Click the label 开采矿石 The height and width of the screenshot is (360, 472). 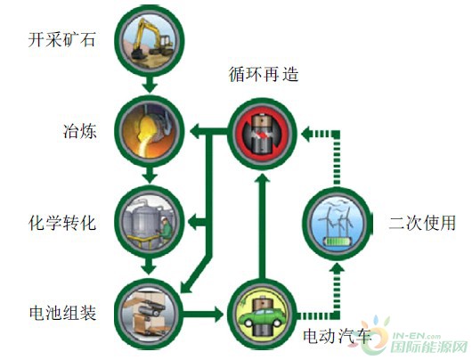click(x=61, y=40)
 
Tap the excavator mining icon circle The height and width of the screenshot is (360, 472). click(x=150, y=41)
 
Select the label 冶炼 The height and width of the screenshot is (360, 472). click(x=80, y=131)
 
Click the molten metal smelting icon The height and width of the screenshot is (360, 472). click(x=150, y=131)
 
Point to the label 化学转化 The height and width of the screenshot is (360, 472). click(x=62, y=222)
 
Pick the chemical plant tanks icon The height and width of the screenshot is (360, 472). click(x=150, y=221)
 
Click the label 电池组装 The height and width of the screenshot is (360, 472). click(x=63, y=313)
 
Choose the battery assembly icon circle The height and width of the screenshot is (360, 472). click(x=150, y=314)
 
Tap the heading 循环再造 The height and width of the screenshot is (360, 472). click(x=264, y=74)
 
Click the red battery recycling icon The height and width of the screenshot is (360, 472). click(x=262, y=134)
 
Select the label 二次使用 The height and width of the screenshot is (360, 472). click(x=422, y=223)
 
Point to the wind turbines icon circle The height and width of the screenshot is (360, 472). click(x=338, y=224)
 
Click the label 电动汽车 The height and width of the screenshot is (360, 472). click(x=337, y=336)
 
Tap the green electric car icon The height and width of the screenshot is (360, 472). click(x=262, y=315)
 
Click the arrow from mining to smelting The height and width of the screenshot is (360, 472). click(x=150, y=85)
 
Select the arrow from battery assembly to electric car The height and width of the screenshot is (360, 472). click(x=203, y=315)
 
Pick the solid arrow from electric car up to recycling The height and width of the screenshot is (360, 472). click(x=262, y=226)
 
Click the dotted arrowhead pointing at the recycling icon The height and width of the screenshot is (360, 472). click(x=307, y=134)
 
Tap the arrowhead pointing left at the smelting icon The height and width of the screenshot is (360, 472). click(x=196, y=132)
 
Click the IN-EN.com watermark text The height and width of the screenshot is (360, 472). click(x=415, y=337)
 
